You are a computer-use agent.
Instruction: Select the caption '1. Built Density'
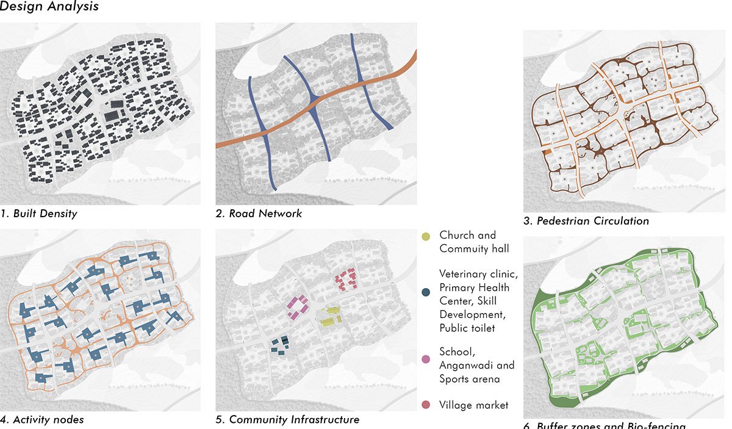(x=39, y=214)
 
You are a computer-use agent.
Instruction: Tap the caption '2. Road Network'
(x=259, y=214)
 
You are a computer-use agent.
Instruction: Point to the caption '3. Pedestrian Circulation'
(x=586, y=221)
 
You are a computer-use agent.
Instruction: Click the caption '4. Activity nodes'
(x=42, y=419)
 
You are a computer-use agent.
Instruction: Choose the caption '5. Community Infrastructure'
(x=287, y=419)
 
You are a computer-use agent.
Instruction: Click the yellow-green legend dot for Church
(x=427, y=236)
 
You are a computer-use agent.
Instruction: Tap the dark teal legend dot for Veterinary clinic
(x=427, y=275)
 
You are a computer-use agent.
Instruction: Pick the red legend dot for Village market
(x=427, y=405)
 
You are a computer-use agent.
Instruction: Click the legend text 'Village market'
(x=473, y=405)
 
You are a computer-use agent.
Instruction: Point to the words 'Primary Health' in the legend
(x=474, y=287)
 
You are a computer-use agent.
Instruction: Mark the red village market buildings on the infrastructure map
(x=345, y=278)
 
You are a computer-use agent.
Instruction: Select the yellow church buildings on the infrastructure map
(x=328, y=319)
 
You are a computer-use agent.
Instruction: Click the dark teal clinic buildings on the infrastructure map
(x=279, y=346)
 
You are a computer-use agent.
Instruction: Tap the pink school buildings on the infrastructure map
(x=296, y=306)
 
